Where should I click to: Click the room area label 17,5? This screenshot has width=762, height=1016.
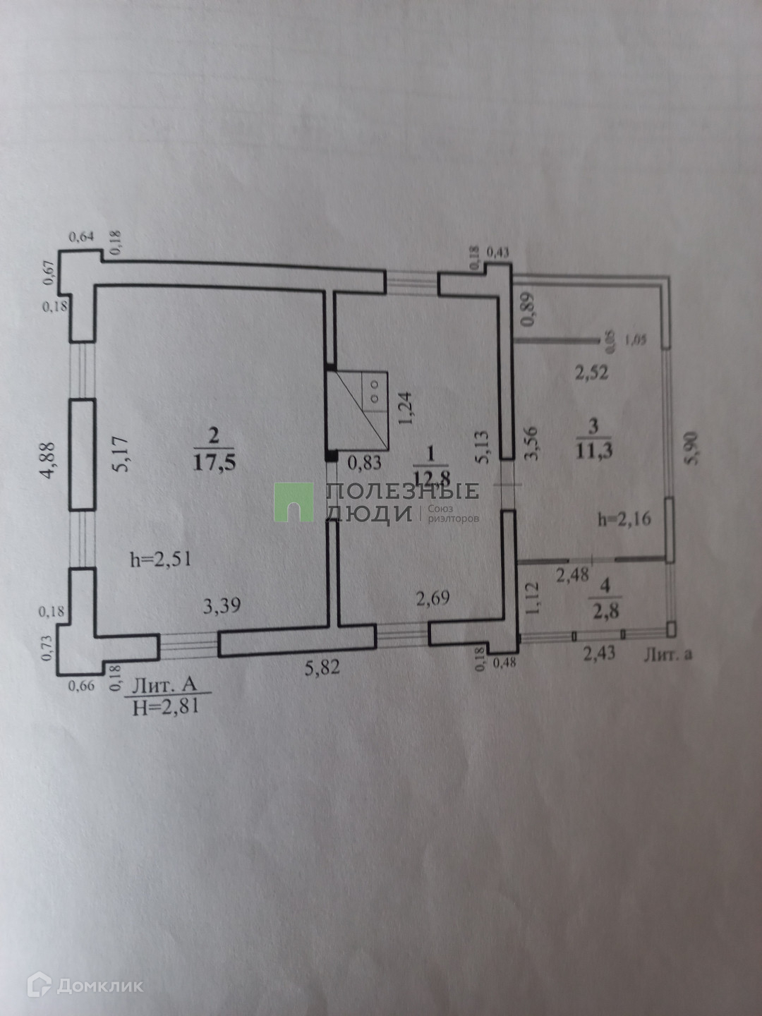(x=214, y=462)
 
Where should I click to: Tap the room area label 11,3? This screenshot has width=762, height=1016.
(x=594, y=449)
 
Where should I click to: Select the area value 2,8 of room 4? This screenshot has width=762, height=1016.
(x=605, y=610)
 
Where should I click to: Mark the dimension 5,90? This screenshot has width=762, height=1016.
(x=694, y=449)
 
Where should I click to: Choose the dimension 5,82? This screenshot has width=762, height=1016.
(x=322, y=667)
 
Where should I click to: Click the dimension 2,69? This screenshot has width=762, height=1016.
(x=433, y=599)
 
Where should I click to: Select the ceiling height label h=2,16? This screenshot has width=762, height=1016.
(x=624, y=520)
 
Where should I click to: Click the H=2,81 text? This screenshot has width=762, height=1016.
(x=165, y=706)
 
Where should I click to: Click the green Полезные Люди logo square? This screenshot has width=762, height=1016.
(x=294, y=502)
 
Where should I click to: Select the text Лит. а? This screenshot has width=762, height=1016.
(x=667, y=654)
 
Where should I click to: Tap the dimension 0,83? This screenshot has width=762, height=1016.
(x=365, y=463)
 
